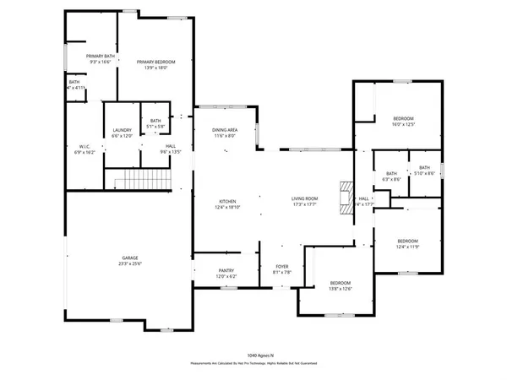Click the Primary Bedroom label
tap(155, 62)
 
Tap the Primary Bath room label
tap(100, 56)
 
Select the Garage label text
tap(129, 258)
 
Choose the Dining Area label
tap(225, 129)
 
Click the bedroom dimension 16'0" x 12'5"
tap(404, 124)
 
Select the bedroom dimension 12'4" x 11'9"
tap(408, 247)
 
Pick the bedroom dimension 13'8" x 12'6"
tap(340, 289)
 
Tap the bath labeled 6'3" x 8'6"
tap(391, 178)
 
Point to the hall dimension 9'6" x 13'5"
tap(171, 153)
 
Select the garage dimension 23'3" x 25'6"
tap(129, 263)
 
